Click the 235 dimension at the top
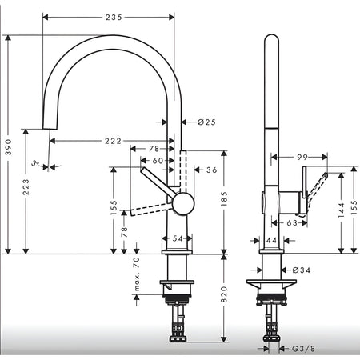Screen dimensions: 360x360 (114, 18)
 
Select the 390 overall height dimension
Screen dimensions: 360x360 (9, 147)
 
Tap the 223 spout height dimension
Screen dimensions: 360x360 (26, 187)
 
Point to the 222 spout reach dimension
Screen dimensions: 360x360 (113, 141)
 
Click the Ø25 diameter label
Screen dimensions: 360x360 (206, 122)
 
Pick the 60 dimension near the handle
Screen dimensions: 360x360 (158, 161)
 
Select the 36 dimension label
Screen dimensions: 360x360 (212, 170)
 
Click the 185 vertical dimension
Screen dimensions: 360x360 (224, 198)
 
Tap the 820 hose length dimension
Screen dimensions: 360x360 (224, 294)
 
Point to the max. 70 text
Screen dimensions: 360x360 (137, 274)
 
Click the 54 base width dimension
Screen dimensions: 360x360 (178, 238)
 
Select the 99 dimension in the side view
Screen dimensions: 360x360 (302, 157)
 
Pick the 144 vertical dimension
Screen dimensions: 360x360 (342, 210)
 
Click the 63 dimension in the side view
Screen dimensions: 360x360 (292, 222)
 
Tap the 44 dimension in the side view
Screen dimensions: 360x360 (271, 241)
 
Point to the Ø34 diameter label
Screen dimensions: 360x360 (302, 270)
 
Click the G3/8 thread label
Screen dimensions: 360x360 (303, 349)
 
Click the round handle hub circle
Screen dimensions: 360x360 (183, 203)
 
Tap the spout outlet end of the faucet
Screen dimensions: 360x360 (50, 129)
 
